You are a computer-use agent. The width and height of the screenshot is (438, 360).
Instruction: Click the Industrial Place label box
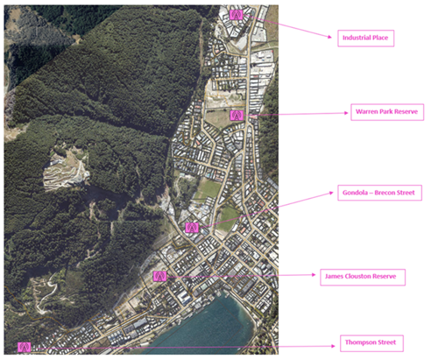pos(366,39)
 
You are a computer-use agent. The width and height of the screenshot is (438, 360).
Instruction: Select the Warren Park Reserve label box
pos(387,112)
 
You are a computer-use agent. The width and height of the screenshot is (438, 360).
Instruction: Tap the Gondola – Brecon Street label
pos(379,193)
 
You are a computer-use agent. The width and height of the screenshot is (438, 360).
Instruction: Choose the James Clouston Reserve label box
pos(363,277)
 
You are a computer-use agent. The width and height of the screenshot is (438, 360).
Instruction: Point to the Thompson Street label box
pos(371,343)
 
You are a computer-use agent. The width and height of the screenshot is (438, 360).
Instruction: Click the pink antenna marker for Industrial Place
pos(236,15)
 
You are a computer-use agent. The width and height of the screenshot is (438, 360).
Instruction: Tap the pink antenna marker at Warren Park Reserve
pos(237,116)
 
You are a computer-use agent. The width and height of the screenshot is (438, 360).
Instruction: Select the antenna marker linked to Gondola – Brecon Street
pos(192,228)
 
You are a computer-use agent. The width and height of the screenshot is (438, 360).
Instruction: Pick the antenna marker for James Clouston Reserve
pos(159,276)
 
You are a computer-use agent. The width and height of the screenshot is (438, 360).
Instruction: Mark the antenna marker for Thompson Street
pos(25,347)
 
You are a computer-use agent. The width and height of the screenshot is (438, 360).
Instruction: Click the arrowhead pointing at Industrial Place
pos(330,37)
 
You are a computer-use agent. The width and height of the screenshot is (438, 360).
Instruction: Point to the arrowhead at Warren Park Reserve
pos(346,113)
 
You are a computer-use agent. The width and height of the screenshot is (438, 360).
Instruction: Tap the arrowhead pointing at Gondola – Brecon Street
pos(331,193)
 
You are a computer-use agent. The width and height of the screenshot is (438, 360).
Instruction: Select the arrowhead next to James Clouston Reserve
pos(314,275)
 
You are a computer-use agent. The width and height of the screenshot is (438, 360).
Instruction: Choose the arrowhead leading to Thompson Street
pos(333,346)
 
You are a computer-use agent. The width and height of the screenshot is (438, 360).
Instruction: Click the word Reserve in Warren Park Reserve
pos(406,111)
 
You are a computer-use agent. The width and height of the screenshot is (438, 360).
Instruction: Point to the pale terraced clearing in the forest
pos(66,169)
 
